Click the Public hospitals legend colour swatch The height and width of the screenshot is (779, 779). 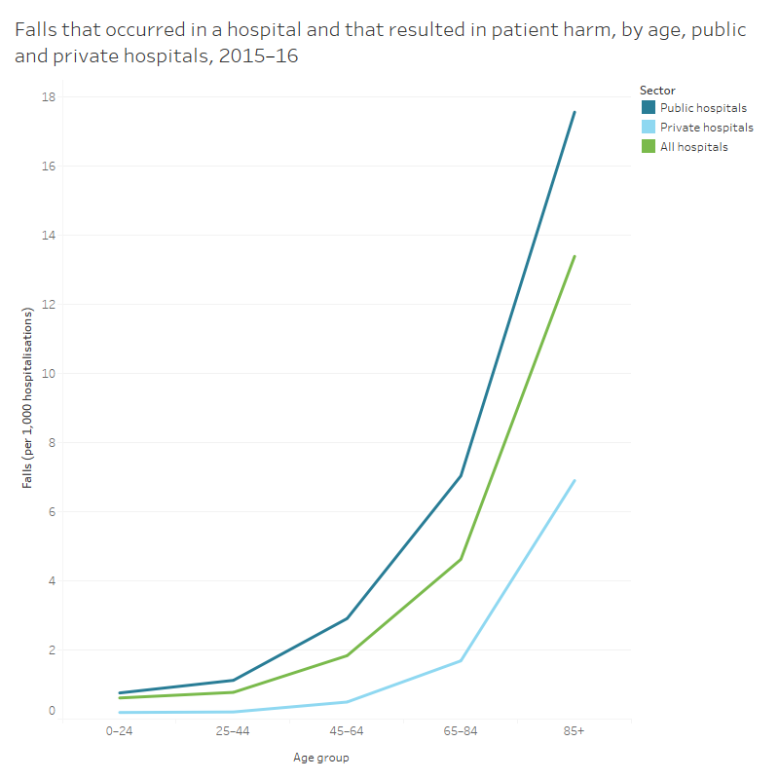[648, 108]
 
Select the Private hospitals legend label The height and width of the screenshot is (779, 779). [706, 128]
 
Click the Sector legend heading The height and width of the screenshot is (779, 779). [657, 91]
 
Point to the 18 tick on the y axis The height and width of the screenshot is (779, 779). [48, 97]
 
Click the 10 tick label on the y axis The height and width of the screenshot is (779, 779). [48, 374]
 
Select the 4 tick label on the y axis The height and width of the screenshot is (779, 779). [51, 581]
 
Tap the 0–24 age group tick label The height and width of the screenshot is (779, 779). [120, 730]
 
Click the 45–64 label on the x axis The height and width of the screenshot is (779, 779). [347, 730]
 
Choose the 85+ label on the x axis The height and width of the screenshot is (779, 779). [574, 730]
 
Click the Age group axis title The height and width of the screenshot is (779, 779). [320, 757]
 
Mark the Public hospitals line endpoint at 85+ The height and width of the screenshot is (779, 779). [575, 112]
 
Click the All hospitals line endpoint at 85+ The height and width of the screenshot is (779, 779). [575, 256]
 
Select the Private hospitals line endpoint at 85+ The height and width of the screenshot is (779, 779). [575, 480]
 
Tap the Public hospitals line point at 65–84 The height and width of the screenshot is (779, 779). [461, 476]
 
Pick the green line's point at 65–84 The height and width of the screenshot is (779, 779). [461, 559]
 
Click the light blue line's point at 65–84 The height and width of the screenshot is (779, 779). [461, 661]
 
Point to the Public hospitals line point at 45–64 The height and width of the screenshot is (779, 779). [347, 618]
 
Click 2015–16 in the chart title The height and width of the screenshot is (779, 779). [258, 56]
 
